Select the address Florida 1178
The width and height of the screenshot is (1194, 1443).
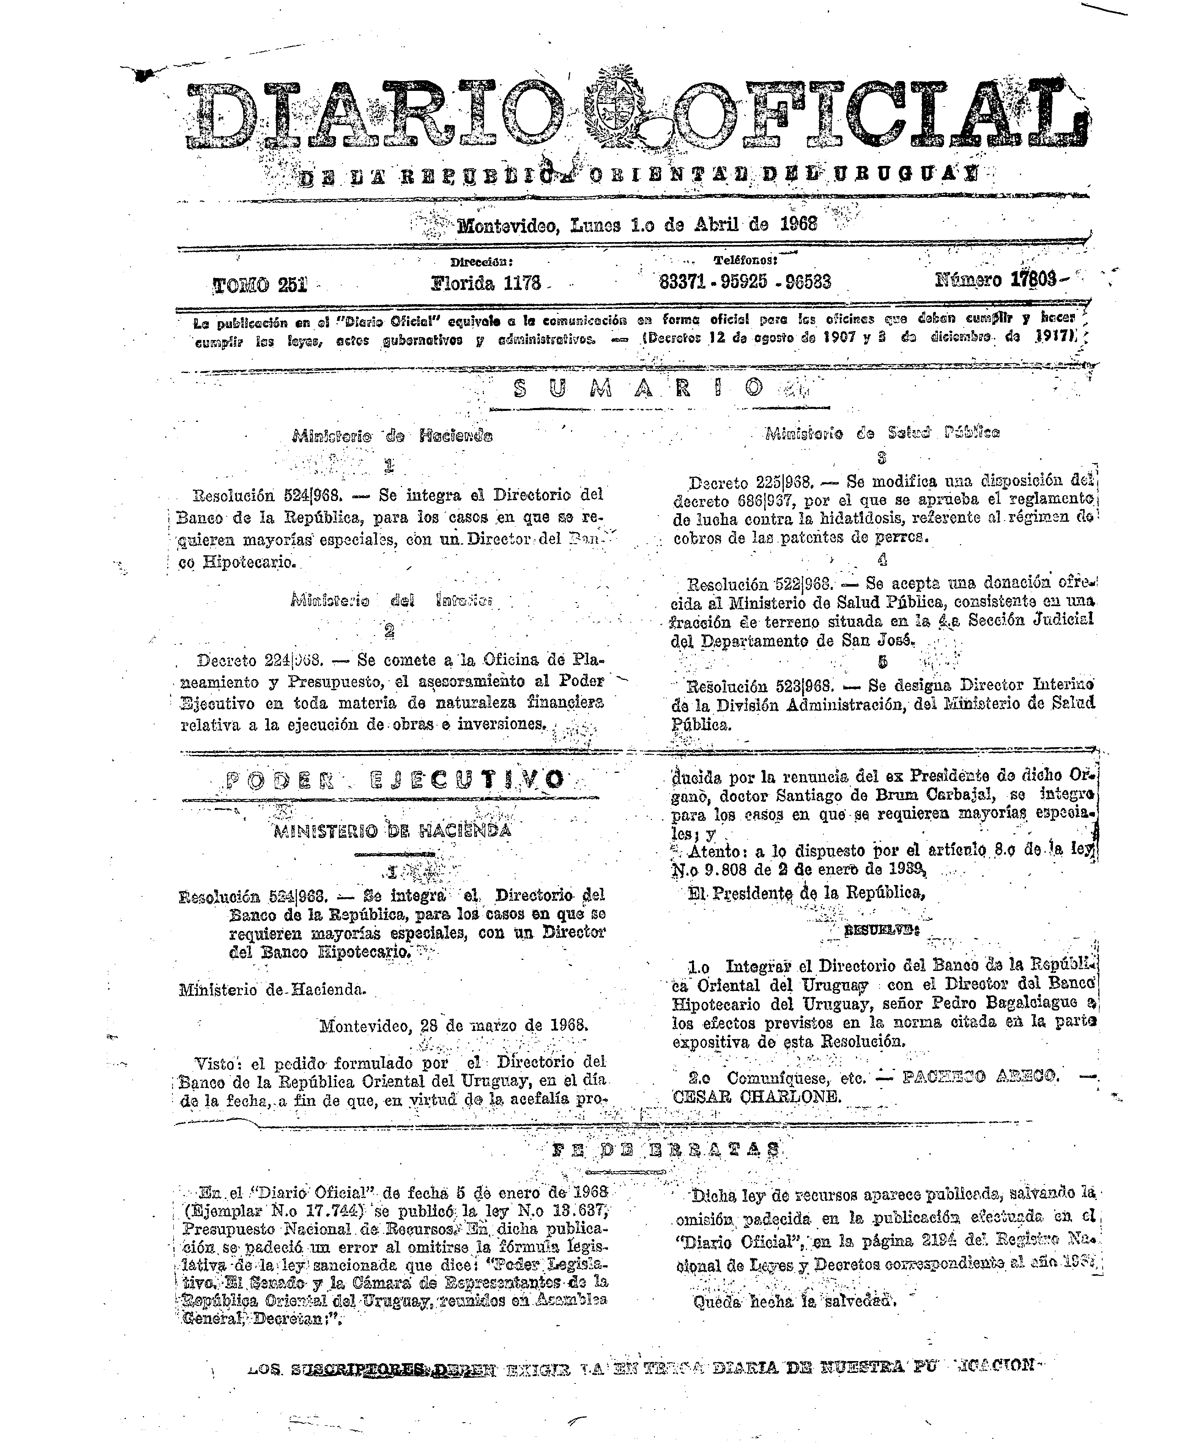coord(485,282)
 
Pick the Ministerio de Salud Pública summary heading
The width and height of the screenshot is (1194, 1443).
coord(882,433)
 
